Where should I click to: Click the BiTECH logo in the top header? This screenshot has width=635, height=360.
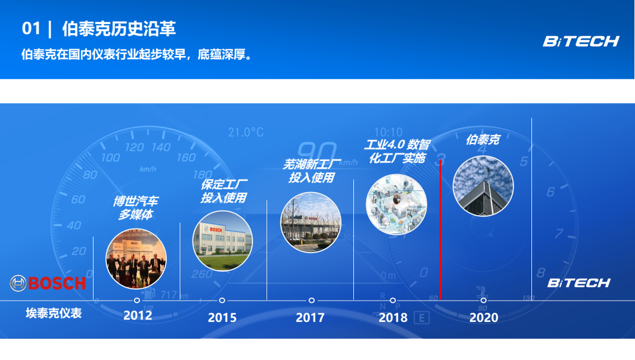pos(581,41)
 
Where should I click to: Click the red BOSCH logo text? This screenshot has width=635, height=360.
pos(57,283)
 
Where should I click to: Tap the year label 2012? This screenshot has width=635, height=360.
pos(138,315)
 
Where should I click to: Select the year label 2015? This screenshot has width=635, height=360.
pos(222,317)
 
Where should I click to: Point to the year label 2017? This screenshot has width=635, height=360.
pos(310,317)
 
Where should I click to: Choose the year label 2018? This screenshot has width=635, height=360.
pos(393,317)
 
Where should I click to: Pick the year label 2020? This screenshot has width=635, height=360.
pos(484,317)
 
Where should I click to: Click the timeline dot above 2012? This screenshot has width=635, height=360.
pos(137,301)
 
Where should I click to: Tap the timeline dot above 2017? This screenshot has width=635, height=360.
pos(311,301)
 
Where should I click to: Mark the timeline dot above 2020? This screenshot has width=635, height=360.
pos(484,301)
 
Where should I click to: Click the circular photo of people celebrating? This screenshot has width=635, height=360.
pos(136,259)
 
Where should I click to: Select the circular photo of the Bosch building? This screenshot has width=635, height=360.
pos(222,241)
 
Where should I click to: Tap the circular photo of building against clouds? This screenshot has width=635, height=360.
pos(483,186)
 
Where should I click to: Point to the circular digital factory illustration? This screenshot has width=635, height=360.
pos(396,204)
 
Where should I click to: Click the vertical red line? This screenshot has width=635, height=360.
pos(440,230)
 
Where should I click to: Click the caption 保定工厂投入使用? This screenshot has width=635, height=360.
pos(224,191)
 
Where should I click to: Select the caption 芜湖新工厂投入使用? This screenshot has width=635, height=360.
pos(311,171)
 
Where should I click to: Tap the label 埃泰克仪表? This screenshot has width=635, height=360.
pos(54,313)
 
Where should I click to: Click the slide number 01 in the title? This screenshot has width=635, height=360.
pos(31,29)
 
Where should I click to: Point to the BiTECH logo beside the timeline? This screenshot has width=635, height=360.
pos(578,283)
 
